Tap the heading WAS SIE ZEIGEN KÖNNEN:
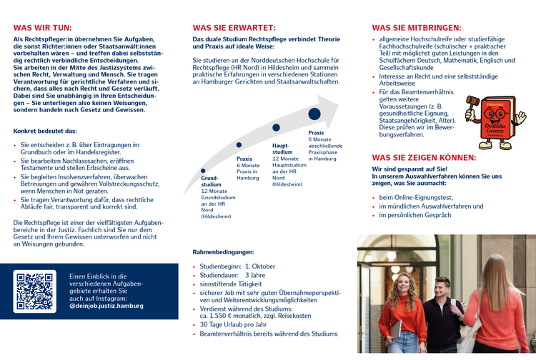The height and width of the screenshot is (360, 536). coord(424,157)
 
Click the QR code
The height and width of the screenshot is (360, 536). coord(35,291)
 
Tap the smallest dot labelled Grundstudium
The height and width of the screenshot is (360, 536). coord(204,171)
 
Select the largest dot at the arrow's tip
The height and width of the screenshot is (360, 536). coord(314,114)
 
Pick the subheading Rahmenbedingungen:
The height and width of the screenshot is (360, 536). coord(223,252)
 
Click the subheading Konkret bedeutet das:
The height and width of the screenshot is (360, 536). coord(45,131)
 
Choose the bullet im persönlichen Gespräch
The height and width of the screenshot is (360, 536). coord(415,215)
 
